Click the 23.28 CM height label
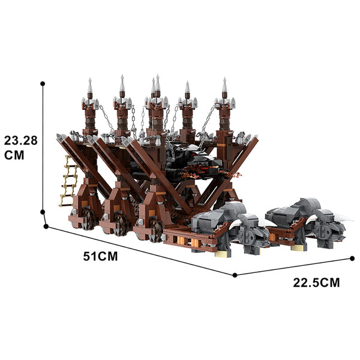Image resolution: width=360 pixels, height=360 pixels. tap(20, 148)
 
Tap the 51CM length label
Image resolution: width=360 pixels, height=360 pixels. tap(100, 256)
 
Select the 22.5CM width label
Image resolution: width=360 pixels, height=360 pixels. tap(316, 283)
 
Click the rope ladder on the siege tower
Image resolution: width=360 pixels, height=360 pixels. tap(68, 181)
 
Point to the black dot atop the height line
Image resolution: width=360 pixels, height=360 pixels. tap(43, 83)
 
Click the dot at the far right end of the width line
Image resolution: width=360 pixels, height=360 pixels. tap(352, 259)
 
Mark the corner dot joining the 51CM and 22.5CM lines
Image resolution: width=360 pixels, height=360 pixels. tap(235, 275)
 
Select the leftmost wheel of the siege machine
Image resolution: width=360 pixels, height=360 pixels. tap(88, 219)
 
